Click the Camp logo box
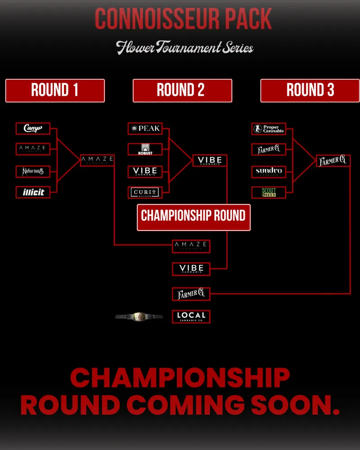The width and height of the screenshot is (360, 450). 33,129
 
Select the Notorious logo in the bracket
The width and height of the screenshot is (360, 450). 33,171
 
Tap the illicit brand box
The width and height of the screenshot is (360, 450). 33,193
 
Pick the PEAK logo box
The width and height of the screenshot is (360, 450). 145,129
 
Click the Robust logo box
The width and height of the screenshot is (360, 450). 145,149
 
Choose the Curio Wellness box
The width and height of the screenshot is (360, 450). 145,193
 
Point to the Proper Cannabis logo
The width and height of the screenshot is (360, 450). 269,129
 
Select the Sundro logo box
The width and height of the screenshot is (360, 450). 269,171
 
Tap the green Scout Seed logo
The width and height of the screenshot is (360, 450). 269,193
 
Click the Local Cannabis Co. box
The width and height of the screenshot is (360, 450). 191,316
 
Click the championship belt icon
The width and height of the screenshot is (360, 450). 139,317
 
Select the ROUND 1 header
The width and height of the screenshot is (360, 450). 55,90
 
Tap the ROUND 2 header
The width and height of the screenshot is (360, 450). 182,90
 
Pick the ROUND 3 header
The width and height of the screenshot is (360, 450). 310,90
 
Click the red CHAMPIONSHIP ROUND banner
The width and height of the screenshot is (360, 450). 193,216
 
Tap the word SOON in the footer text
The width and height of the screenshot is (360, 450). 290,405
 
